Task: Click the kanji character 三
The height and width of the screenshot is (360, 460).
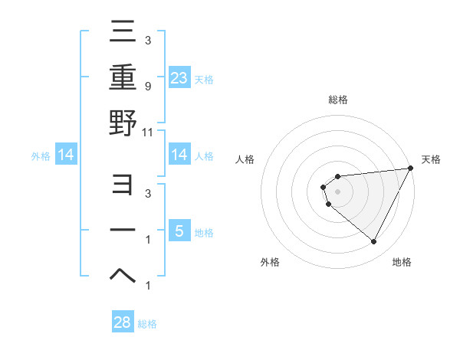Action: click(123, 33)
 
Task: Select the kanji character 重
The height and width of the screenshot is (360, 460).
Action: click(123, 77)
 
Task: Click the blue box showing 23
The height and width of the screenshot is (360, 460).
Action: click(179, 78)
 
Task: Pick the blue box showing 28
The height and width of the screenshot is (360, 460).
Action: click(123, 322)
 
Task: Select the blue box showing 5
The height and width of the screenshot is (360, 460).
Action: click(179, 231)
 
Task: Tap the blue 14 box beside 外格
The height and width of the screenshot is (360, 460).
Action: click(66, 155)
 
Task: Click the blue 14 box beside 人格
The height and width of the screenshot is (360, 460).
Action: click(179, 155)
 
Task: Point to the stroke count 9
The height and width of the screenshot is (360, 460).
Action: click(147, 87)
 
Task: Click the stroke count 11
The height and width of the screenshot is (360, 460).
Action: click(148, 132)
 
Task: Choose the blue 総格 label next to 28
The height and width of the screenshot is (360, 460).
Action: click(147, 324)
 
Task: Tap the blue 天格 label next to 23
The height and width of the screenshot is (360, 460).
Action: click(204, 79)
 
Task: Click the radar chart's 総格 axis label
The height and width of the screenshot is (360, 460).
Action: click(337, 100)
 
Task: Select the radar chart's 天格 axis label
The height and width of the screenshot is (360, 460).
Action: click(431, 159)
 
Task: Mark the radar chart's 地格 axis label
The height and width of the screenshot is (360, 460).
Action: click(402, 262)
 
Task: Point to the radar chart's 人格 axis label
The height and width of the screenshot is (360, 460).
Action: click(246, 159)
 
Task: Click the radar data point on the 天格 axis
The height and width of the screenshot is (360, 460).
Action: click(410, 169)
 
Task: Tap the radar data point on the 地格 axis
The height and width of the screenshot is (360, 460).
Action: click(373, 242)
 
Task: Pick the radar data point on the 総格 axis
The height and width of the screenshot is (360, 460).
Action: click(337, 177)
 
